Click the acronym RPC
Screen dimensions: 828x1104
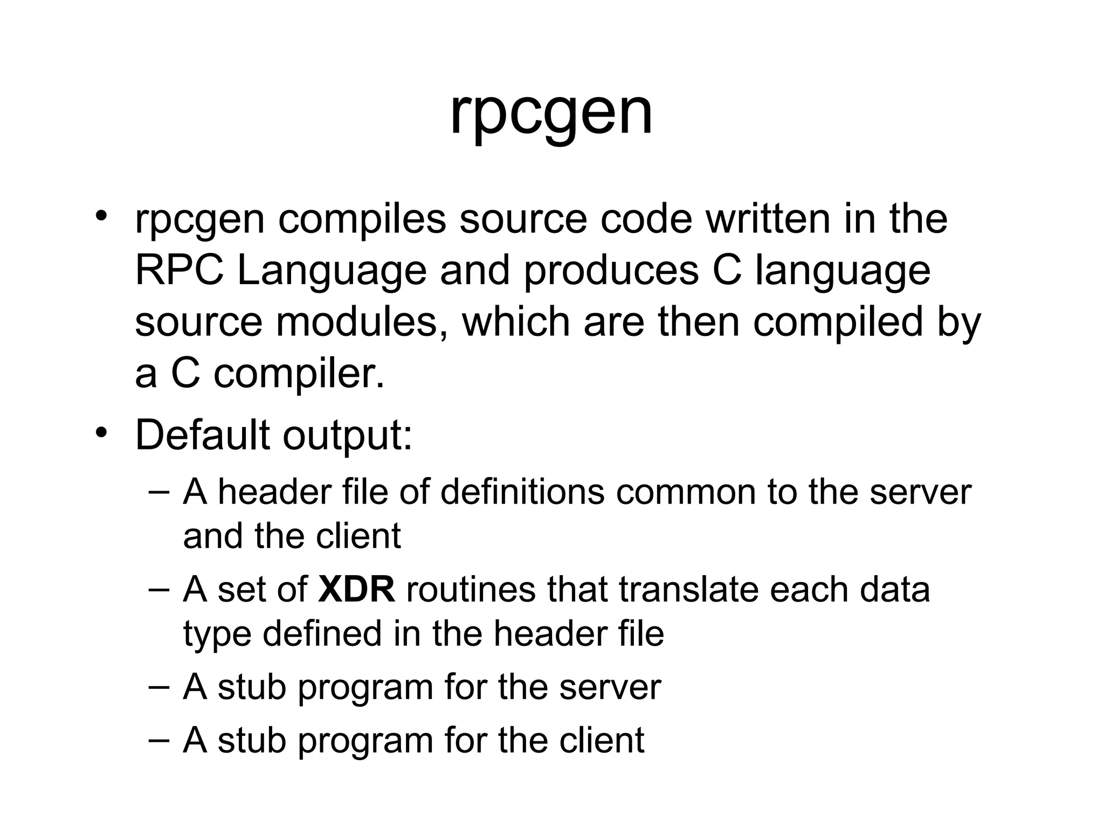point(179,271)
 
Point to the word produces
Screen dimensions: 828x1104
point(611,271)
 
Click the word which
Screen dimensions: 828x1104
point(519,322)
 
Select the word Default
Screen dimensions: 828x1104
point(202,434)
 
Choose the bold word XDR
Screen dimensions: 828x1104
point(356,590)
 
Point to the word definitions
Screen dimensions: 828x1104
point(522,492)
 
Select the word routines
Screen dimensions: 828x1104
point(471,590)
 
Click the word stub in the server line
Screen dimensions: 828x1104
point(251,687)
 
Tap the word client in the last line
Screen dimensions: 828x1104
point(601,740)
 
